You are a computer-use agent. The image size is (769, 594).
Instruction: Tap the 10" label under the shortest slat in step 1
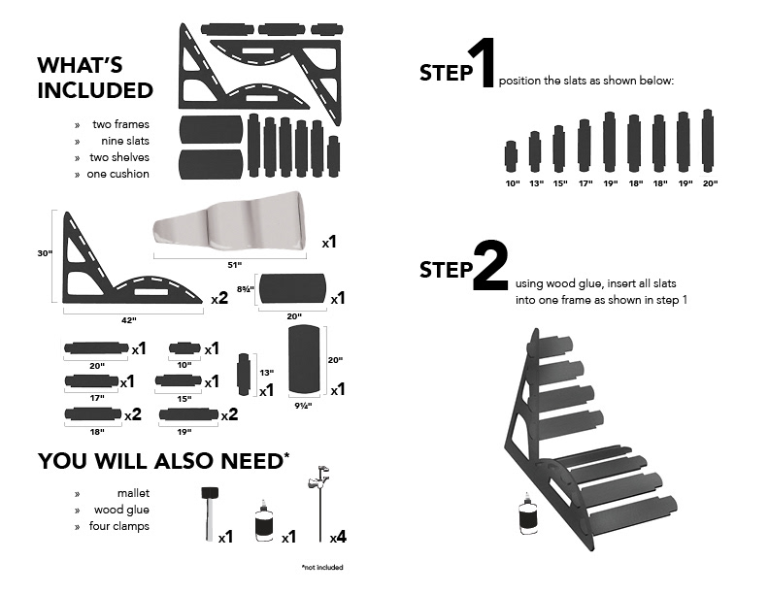(511, 182)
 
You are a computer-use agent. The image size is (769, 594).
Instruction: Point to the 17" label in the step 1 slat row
(585, 182)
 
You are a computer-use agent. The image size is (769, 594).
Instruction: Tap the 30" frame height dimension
(44, 253)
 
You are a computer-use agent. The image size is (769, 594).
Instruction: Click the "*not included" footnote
(321, 567)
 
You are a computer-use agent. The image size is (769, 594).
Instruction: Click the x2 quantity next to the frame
(220, 299)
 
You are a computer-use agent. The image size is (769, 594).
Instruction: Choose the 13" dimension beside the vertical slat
(264, 372)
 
